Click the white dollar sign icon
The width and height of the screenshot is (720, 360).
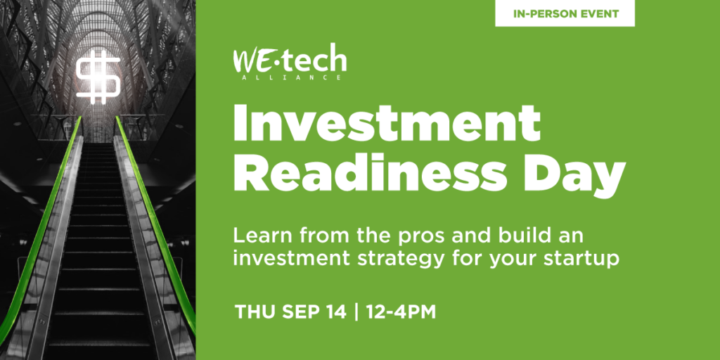[x=98, y=77]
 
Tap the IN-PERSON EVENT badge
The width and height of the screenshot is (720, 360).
[x=565, y=13]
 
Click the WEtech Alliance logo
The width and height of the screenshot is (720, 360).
[x=290, y=63]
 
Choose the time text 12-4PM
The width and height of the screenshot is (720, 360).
[x=401, y=311]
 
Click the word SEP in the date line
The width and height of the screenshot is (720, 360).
[x=300, y=311]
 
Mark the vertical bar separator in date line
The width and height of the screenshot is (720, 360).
[x=356, y=311]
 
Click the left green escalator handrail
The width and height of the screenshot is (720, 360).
[x=41, y=225]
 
